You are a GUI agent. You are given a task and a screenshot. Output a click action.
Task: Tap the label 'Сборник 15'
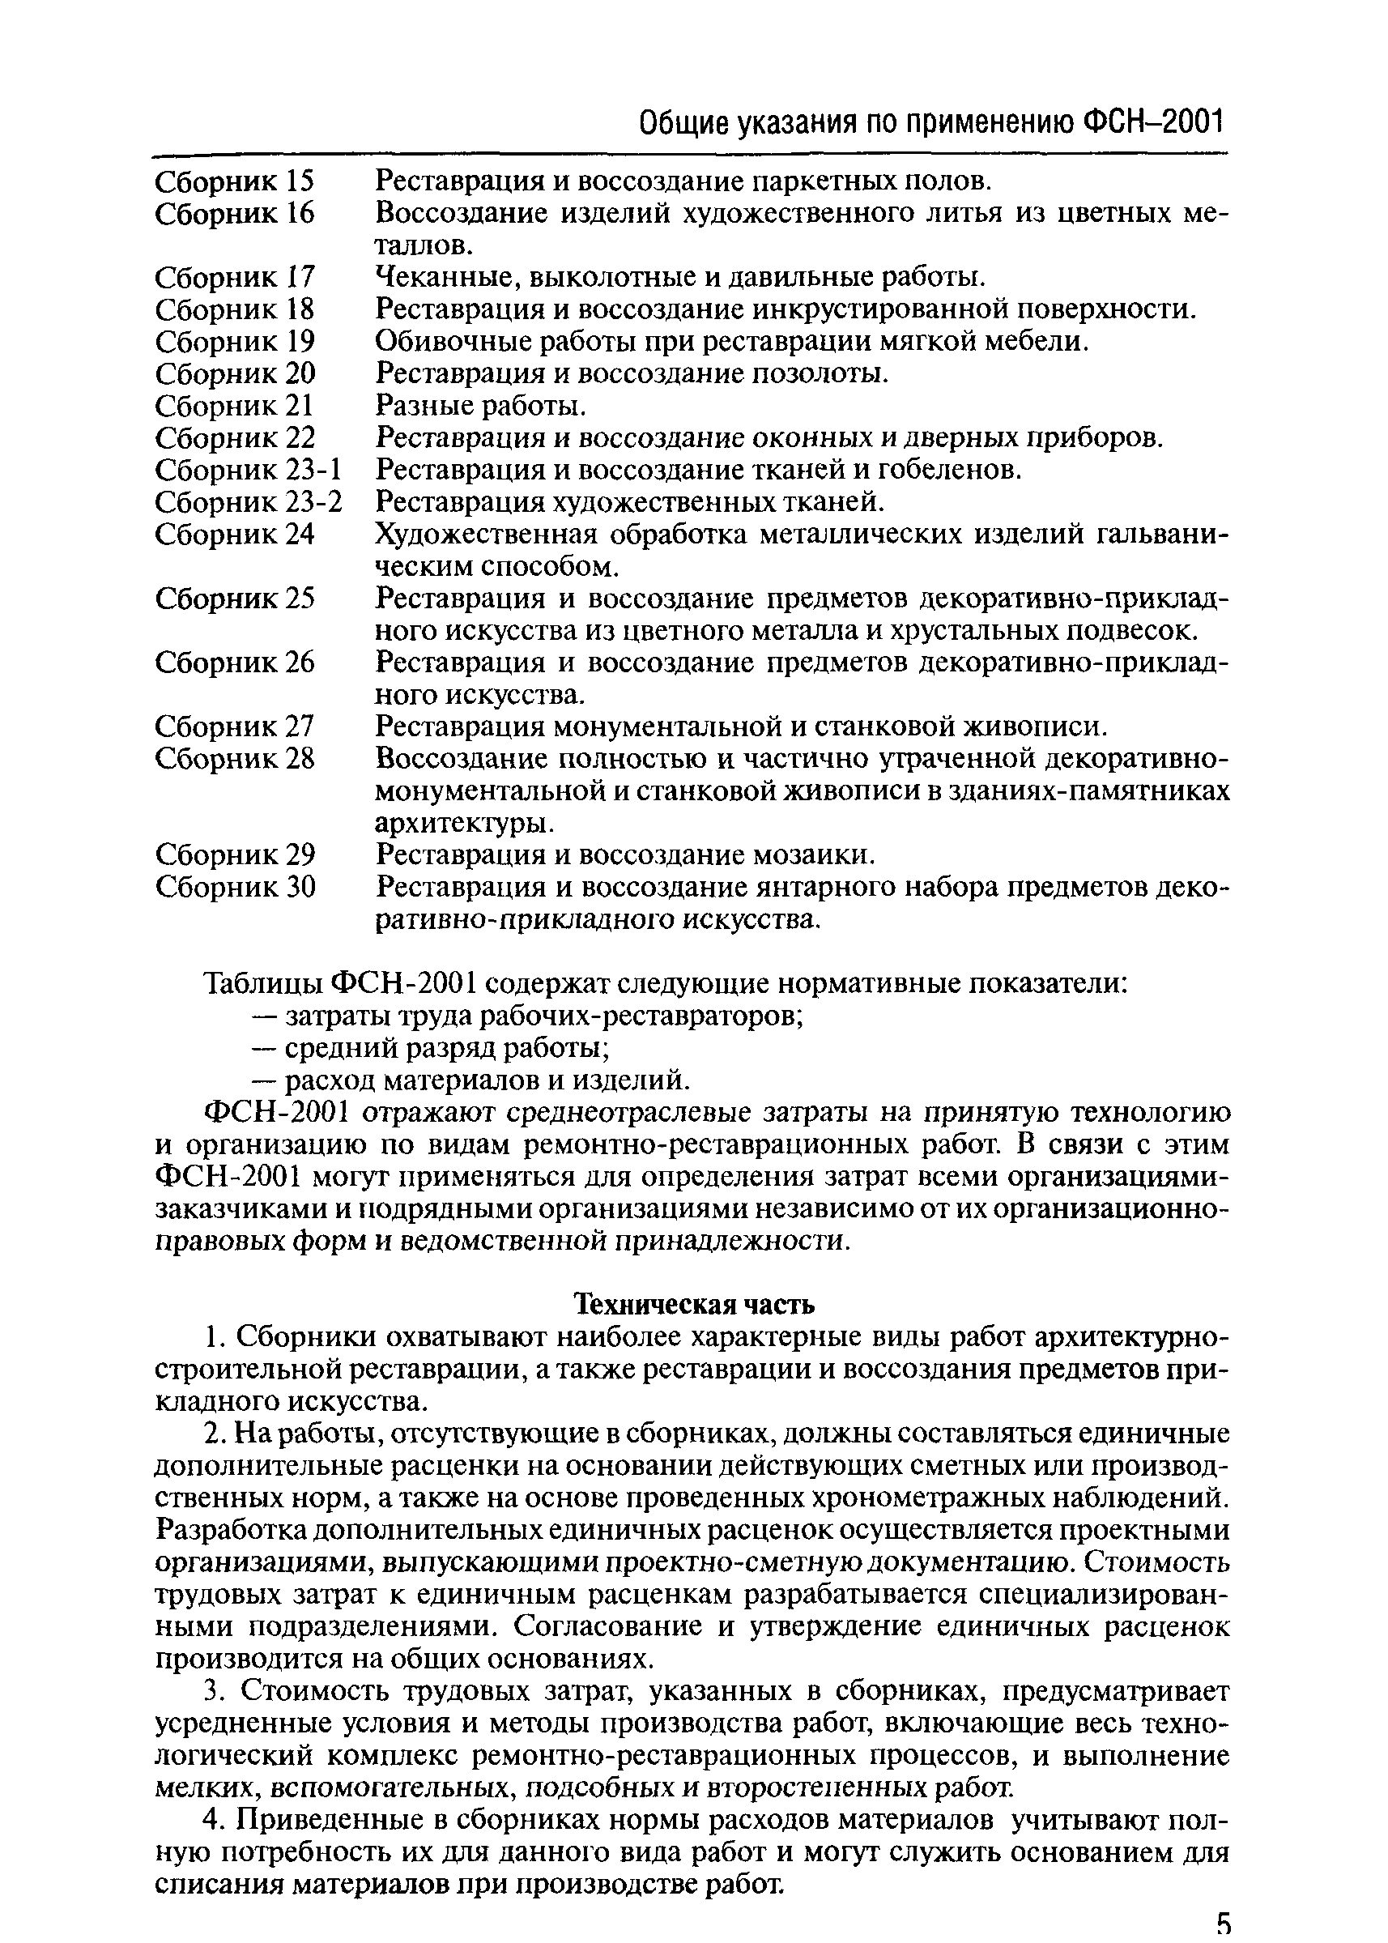point(235,181)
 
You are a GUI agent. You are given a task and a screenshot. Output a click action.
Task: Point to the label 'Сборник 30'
point(235,888)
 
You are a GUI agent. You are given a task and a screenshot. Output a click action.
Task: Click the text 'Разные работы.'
point(481,404)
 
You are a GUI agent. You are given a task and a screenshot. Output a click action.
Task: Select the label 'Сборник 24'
point(235,535)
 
